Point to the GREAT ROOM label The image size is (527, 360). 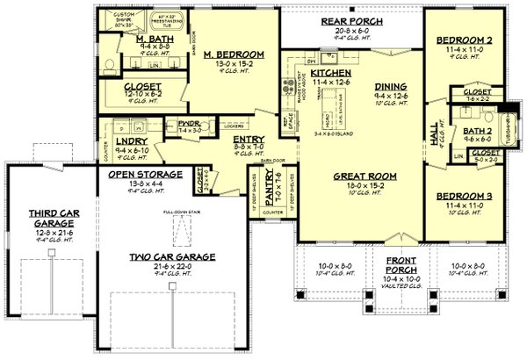point(362,176)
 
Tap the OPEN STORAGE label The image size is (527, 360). point(146,175)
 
